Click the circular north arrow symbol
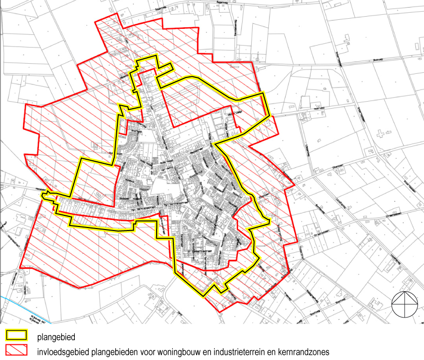pos(405,305)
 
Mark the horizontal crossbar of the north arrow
pos(405,305)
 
